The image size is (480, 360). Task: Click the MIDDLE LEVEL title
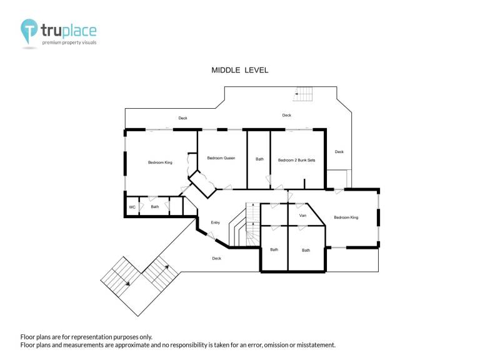[x=240, y=70]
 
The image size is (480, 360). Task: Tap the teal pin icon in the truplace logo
[x=29, y=31]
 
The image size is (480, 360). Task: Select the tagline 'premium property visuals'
[x=69, y=42]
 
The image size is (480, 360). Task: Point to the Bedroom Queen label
[x=221, y=158]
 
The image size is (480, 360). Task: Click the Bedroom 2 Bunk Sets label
[x=296, y=160]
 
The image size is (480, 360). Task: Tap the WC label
[x=132, y=207]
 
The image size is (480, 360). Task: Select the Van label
[x=302, y=216]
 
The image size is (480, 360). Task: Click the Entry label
[x=215, y=222]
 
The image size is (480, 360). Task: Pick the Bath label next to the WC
[x=154, y=207]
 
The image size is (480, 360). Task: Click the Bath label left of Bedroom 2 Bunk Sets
[x=259, y=159]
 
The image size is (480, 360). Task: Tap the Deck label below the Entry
[x=216, y=258]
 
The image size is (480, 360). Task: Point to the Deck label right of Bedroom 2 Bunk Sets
[x=339, y=151]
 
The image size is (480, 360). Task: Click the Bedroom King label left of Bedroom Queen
[x=160, y=162]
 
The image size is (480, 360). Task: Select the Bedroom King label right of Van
[x=346, y=217]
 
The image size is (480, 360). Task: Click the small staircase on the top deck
[x=302, y=94]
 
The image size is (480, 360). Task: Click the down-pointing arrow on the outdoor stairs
[x=128, y=284]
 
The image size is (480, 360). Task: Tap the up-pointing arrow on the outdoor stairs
[x=166, y=267]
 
